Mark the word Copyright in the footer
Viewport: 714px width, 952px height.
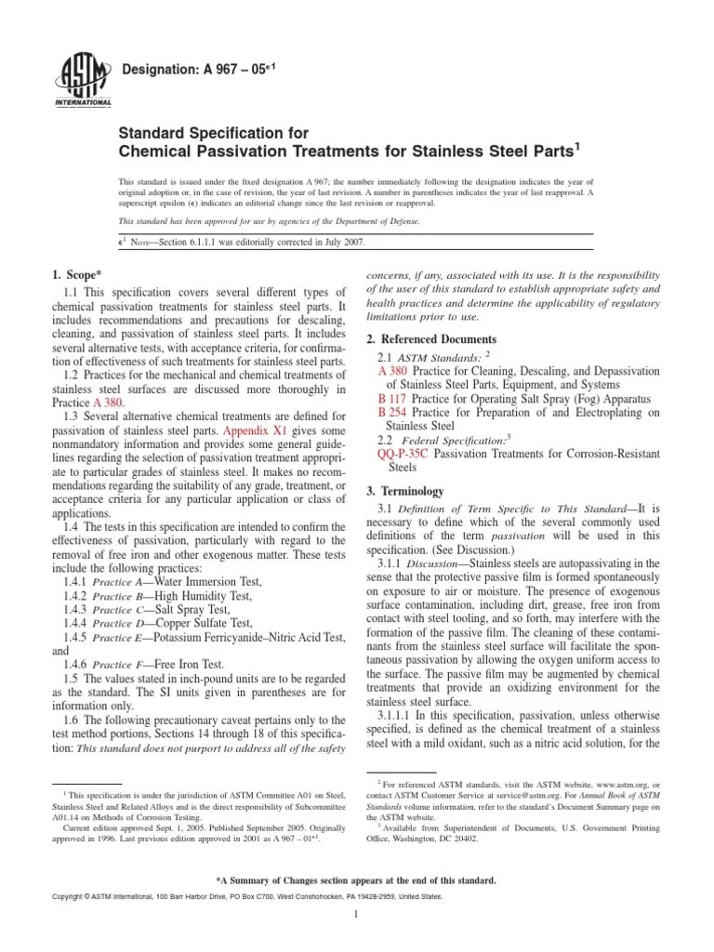coord(77,896)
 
